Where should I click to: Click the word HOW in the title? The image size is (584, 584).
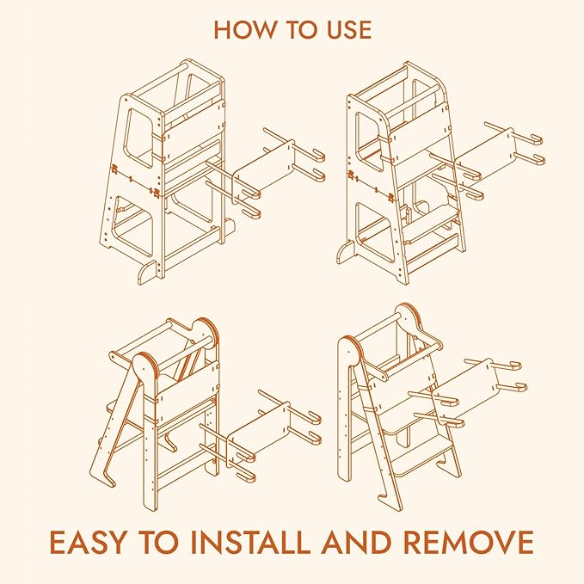point(244,30)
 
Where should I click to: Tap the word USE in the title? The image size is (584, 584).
point(349,30)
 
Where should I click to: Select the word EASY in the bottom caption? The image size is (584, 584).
point(89,542)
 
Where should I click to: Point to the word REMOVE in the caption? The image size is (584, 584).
point(469,542)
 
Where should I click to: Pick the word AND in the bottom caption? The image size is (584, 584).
point(356,542)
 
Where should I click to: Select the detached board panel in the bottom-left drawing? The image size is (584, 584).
point(259,432)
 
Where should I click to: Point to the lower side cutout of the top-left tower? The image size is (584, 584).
point(133,226)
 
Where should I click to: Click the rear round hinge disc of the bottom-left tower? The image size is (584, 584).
point(204,333)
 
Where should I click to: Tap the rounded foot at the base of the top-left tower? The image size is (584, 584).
point(147,273)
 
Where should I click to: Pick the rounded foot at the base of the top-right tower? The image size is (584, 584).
point(345,253)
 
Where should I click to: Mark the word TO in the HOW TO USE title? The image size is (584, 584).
point(301,30)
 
